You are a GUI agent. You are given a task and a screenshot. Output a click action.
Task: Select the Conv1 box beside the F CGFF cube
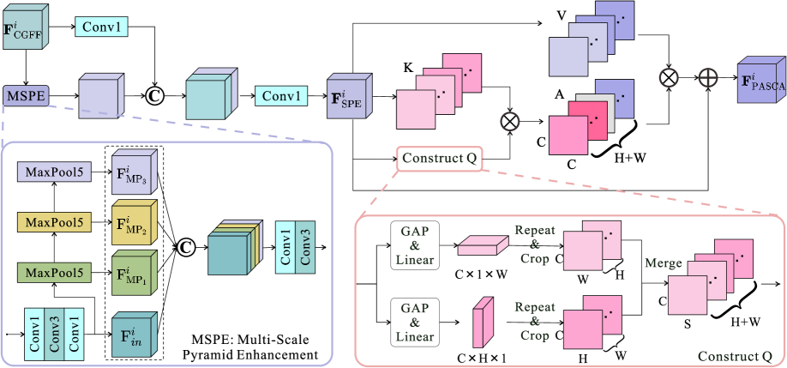102,27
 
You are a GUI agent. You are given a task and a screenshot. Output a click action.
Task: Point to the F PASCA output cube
761,81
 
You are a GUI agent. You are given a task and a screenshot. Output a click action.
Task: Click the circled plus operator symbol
707,77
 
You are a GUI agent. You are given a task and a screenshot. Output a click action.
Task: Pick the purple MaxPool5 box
53,172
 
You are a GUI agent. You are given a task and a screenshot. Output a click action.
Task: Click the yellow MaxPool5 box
53,222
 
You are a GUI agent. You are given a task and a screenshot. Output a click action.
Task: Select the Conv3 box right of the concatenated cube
306,247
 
